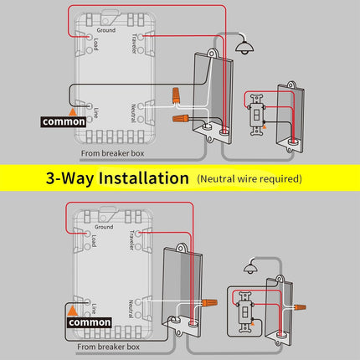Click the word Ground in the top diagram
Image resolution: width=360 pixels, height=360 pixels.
pos(106,30)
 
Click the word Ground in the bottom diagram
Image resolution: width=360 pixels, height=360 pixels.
pos(104,227)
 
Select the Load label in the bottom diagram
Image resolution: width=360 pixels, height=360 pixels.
pos(95,241)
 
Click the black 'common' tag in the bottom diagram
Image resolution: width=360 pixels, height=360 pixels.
pos(89,321)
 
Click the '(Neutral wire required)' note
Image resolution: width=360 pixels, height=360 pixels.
pos(249,179)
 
